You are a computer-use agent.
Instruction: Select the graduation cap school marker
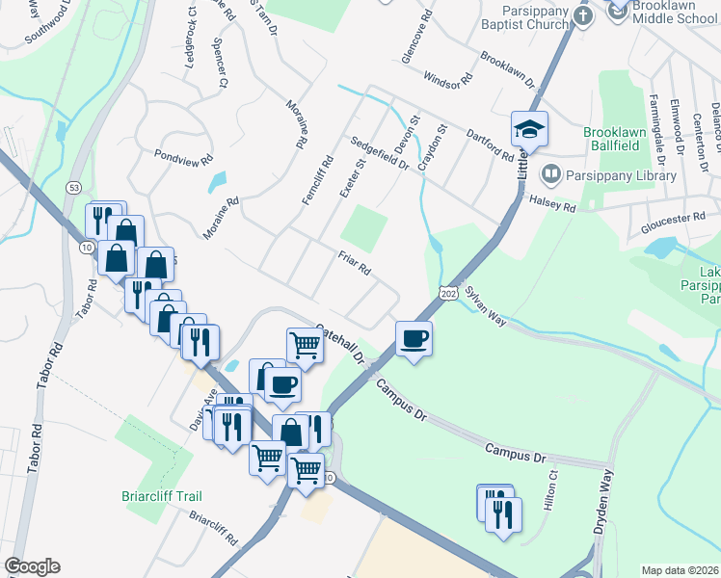coord(529,129)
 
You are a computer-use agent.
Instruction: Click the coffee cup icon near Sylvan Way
coord(414,340)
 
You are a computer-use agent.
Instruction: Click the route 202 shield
coord(447,292)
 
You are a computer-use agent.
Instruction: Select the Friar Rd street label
coord(355,264)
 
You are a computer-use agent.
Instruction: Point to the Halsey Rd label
coord(552,203)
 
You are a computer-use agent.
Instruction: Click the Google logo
coord(33,565)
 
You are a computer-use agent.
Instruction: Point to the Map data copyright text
coord(680,570)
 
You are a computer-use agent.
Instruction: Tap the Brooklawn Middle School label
coord(675,13)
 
